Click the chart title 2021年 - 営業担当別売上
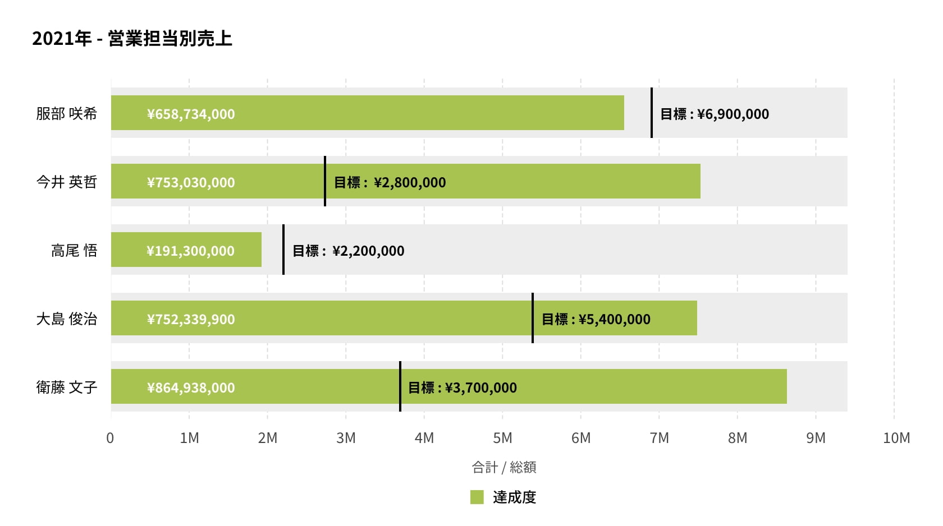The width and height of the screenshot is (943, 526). coord(132,39)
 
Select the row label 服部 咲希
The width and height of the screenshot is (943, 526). coord(66,113)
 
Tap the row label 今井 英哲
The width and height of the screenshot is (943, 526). coord(66,182)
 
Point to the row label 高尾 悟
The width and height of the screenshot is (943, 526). coord(74,250)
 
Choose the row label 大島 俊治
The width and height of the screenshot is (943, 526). coord(66,319)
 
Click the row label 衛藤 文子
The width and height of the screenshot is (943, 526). coord(66,387)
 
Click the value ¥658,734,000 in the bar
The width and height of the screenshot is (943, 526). coord(191,114)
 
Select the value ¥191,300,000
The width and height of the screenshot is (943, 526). coord(191,251)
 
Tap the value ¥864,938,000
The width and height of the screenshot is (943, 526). coord(191,387)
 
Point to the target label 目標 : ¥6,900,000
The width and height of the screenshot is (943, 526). coord(715,114)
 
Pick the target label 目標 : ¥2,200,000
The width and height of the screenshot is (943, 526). coord(348,251)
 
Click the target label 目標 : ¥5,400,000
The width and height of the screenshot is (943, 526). coord(596,319)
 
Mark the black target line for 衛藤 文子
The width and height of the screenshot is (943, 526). coord(400,386)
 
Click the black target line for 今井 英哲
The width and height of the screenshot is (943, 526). coord(325,181)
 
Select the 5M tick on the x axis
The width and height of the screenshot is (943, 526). coord(502,438)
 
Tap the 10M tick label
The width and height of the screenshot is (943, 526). coord(896,438)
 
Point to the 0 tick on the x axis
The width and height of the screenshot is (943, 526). coord(110,438)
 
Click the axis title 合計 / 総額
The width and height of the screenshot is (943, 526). coord(503,467)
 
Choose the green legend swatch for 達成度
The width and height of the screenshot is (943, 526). coord(477,497)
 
